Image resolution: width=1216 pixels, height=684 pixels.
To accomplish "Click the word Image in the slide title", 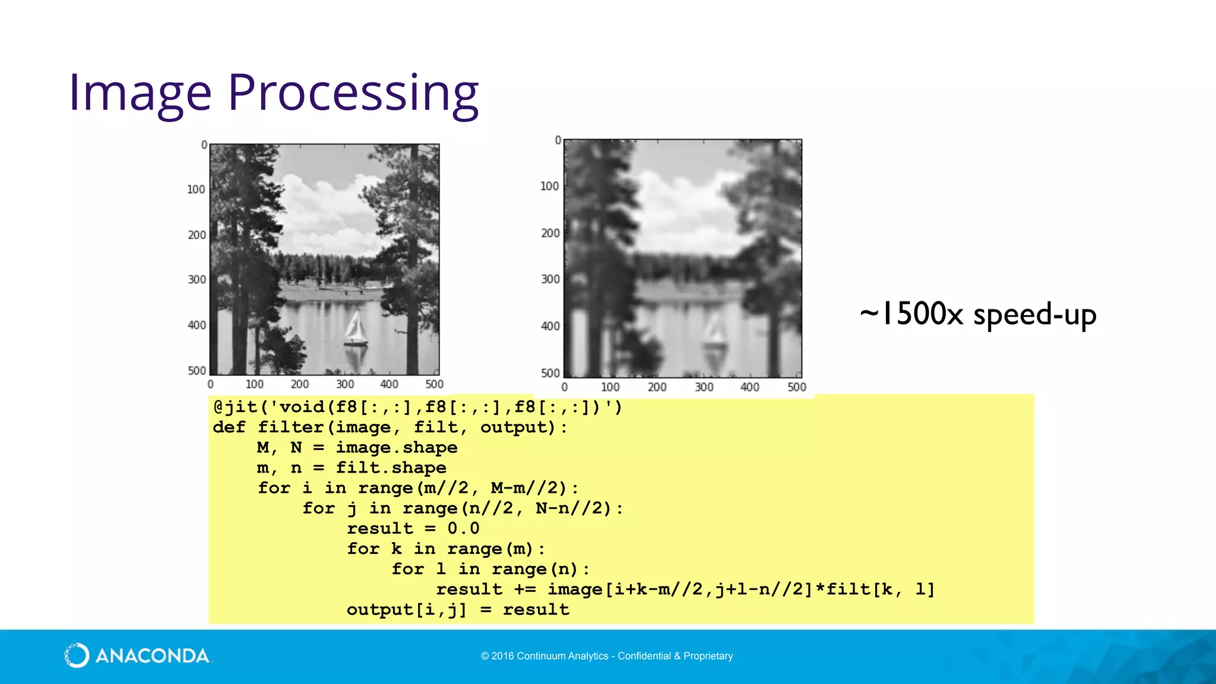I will point(140,93).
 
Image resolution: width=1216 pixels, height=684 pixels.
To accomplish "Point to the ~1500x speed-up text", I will point(978,314).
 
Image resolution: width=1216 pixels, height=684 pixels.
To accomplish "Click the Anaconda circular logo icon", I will point(77,655).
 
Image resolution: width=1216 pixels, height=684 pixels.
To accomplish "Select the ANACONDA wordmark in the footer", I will point(152,656).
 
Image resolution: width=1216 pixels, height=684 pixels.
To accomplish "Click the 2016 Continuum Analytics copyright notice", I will point(607,656).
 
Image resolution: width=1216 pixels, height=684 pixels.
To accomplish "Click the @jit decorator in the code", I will point(235,407).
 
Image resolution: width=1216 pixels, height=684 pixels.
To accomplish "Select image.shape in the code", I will point(397,448).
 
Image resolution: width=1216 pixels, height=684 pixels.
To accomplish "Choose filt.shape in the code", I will point(391,468).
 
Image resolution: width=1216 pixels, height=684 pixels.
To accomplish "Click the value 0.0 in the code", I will point(463,528).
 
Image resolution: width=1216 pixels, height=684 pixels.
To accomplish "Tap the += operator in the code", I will point(525,590).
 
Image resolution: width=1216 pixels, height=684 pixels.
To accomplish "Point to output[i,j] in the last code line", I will point(406,610).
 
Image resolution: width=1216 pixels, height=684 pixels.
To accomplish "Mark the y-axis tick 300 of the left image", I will point(197,280).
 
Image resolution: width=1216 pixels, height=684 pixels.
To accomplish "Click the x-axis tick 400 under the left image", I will point(389,384).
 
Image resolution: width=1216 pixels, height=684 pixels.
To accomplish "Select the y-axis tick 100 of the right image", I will point(549,186).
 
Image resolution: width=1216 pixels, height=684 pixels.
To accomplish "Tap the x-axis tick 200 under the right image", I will point(657,387).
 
